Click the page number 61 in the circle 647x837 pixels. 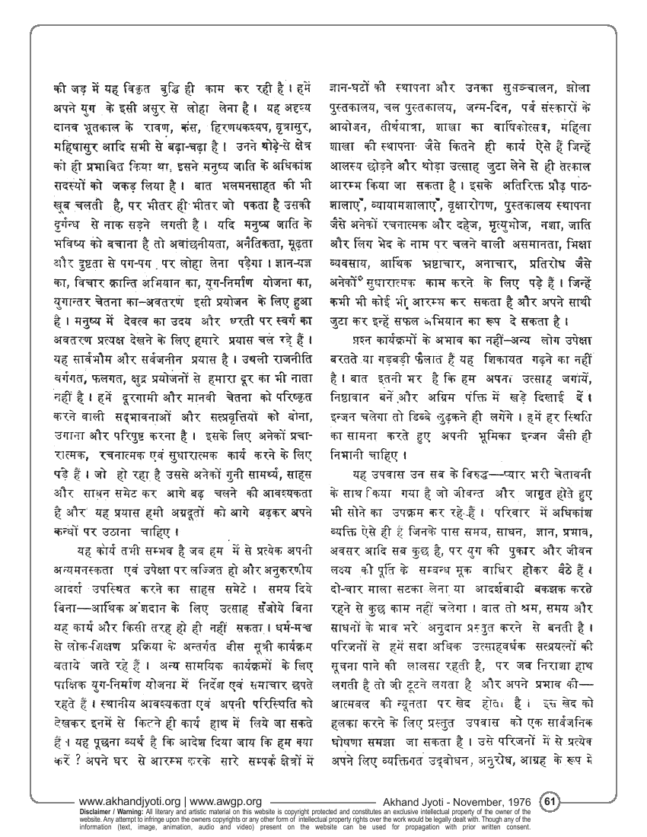tap(552, 800)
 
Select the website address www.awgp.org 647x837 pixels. tap(226, 801)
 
